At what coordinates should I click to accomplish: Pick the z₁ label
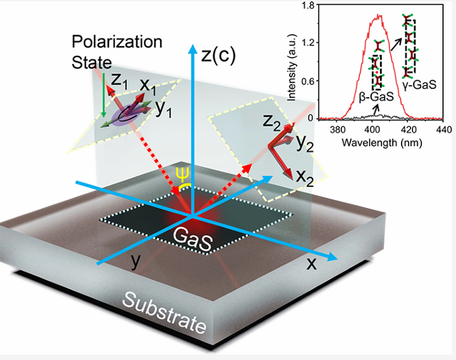coord(119,81)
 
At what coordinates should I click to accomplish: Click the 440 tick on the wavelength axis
coord(442,128)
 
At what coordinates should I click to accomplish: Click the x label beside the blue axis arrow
coord(312,264)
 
